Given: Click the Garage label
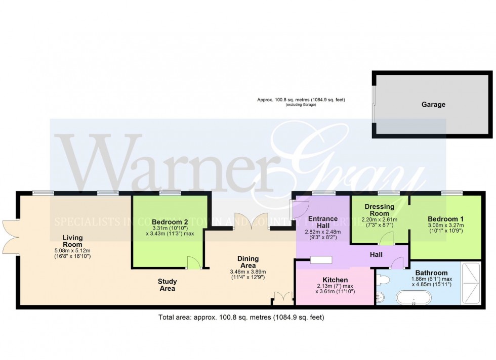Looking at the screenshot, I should [434, 105].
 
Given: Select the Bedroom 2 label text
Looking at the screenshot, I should [170, 222].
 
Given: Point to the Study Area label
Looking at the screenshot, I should [167, 285].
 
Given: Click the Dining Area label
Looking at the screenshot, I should [248, 262].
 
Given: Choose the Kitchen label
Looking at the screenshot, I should [335, 280].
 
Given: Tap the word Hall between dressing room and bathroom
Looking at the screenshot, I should [376, 254].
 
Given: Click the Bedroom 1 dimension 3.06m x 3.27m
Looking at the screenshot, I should [445, 226].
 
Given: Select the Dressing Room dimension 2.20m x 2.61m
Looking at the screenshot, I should [380, 220].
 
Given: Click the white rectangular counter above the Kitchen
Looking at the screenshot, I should [321, 260].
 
